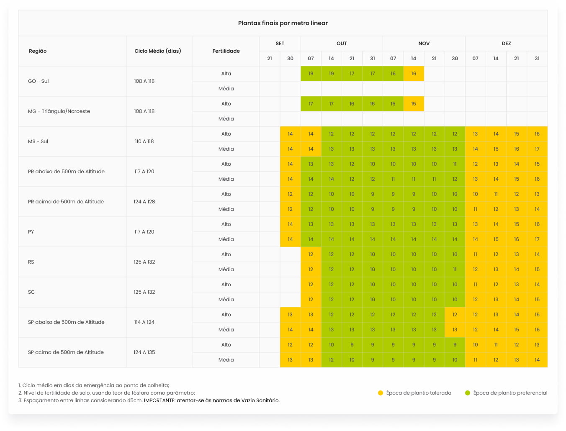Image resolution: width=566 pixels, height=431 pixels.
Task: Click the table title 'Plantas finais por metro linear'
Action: (283, 23)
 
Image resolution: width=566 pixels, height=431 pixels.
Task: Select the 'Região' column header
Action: (38, 51)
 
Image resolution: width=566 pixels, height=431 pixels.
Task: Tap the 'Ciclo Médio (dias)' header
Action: (158, 51)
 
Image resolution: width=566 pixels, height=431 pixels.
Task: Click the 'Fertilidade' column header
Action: (226, 51)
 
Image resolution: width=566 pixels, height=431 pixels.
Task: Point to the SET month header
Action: (280, 44)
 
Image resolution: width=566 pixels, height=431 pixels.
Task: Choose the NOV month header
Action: (424, 44)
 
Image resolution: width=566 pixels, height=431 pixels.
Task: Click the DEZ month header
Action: (506, 44)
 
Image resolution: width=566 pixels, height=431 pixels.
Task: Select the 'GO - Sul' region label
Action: (39, 81)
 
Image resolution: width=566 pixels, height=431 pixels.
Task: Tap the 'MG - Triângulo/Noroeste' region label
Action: (59, 111)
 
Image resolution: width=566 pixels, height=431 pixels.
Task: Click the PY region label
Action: (31, 232)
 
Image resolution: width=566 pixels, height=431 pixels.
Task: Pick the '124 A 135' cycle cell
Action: (144, 352)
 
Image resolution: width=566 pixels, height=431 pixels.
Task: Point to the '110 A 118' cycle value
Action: (144, 141)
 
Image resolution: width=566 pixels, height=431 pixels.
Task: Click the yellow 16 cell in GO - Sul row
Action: (414, 74)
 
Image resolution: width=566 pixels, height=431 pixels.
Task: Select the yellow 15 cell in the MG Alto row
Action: (414, 104)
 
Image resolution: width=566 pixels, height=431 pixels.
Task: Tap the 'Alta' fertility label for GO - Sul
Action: (226, 74)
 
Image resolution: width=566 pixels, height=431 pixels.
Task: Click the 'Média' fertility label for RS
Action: (226, 269)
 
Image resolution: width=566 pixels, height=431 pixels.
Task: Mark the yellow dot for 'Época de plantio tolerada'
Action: (381, 393)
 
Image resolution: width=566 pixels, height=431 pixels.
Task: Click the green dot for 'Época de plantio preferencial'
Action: (468, 393)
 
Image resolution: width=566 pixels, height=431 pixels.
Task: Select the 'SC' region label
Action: (31, 292)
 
